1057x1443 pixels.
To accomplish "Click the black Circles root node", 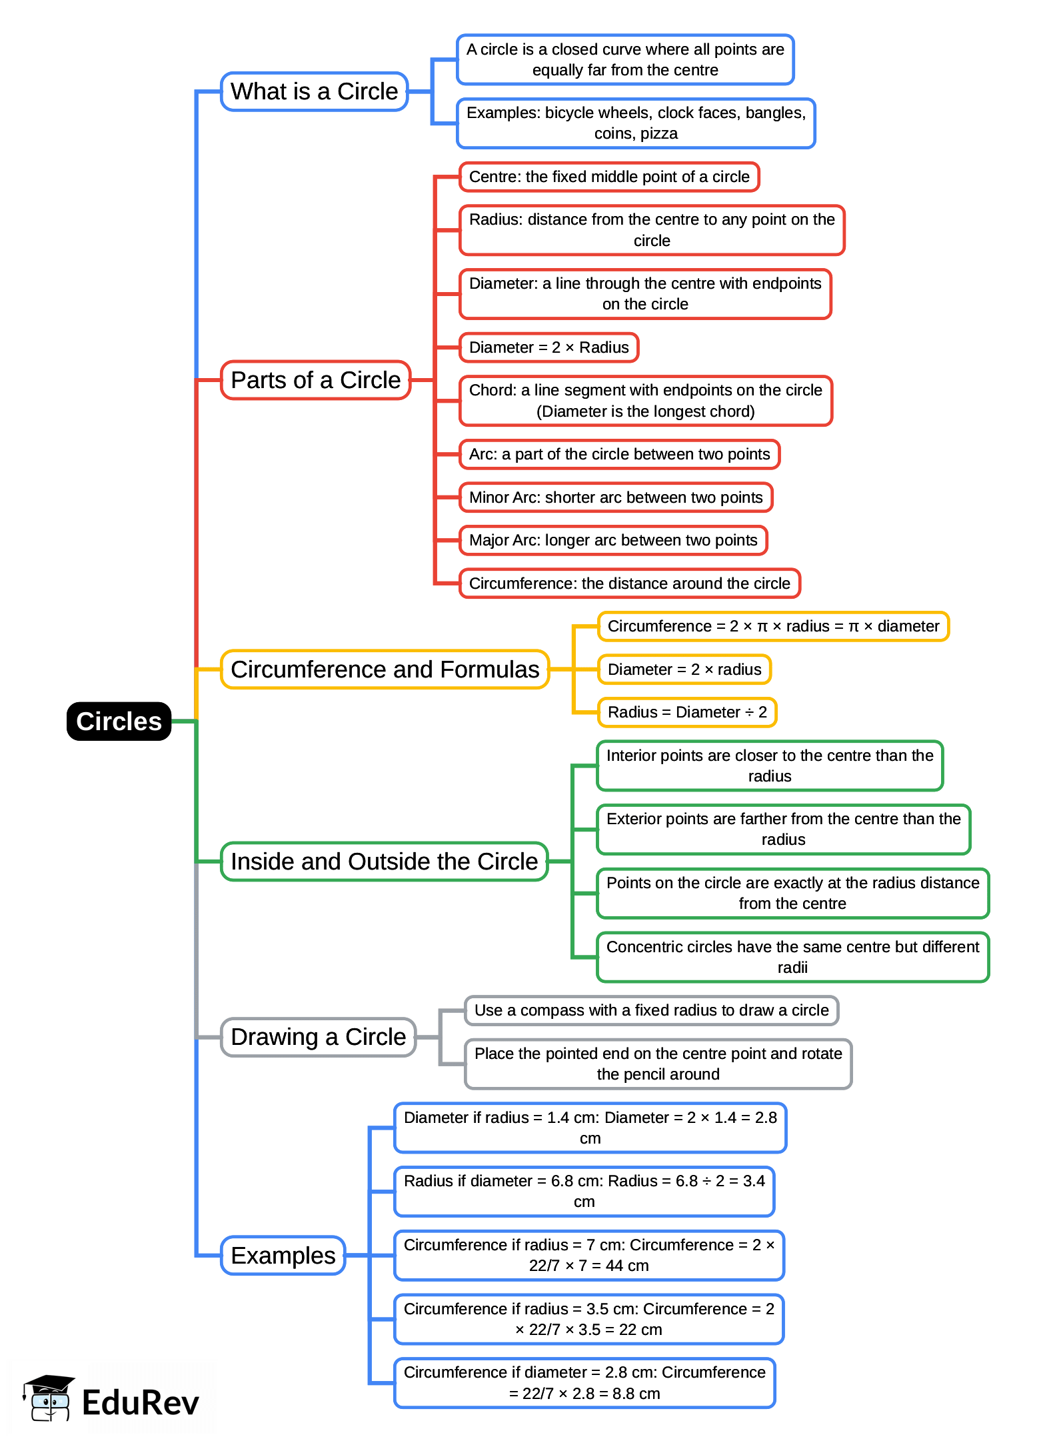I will (x=119, y=721).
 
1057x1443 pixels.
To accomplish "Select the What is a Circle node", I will (x=314, y=91).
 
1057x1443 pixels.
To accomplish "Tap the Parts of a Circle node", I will (x=315, y=380).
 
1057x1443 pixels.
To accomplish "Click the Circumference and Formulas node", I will (x=385, y=669).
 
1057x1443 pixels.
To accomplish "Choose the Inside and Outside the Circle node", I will (x=384, y=861).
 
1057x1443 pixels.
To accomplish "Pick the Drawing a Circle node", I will (x=318, y=1037).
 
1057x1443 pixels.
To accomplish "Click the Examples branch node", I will (x=283, y=1255).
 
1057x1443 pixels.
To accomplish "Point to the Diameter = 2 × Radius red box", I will (x=548, y=347).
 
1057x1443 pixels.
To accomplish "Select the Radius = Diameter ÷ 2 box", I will (x=686, y=712).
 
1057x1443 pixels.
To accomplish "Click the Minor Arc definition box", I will (x=615, y=497).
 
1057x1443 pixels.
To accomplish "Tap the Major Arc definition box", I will (x=613, y=540).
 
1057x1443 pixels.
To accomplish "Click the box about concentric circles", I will (x=792, y=957).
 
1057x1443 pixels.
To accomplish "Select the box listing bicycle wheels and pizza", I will (x=635, y=123).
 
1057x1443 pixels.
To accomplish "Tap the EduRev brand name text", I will (x=141, y=1402).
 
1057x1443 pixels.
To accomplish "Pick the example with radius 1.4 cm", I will (x=590, y=1128).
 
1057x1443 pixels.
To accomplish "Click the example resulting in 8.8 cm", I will (x=584, y=1382).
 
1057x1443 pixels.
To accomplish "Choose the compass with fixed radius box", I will (x=651, y=1010).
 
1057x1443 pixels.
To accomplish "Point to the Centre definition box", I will (x=608, y=177).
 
